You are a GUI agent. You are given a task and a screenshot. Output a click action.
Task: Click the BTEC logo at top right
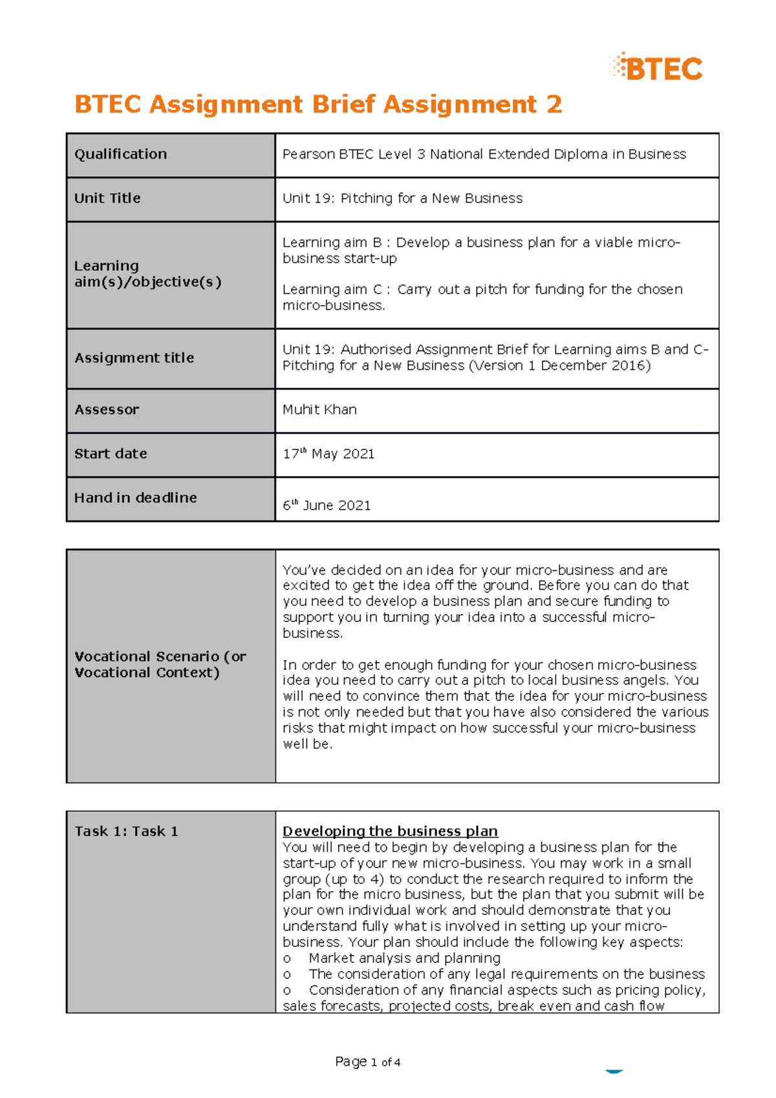[656, 68]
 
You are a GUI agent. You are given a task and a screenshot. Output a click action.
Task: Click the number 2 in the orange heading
[554, 104]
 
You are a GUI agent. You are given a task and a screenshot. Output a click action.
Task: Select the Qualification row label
[120, 155]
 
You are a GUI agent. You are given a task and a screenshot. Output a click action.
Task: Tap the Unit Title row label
[107, 199]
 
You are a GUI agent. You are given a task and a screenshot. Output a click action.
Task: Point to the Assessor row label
[107, 410]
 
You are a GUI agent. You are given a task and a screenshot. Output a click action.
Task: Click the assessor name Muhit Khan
[319, 410]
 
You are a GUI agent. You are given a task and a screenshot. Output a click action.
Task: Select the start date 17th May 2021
[329, 454]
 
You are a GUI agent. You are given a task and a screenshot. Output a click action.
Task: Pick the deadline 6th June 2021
[327, 505]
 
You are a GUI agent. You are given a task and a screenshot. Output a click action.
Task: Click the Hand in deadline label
[135, 498]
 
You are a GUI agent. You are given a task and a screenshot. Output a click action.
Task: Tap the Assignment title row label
[134, 358]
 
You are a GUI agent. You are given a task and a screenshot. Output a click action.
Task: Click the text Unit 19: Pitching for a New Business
[402, 199]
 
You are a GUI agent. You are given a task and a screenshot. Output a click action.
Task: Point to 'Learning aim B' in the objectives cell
[332, 243]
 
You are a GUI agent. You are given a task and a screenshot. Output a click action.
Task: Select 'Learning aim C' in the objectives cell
[332, 290]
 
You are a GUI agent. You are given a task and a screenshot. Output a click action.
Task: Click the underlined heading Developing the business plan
[390, 832]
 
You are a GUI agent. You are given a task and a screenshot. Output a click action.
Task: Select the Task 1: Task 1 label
[126, 832]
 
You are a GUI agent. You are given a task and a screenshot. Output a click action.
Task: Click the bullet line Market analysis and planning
[404, 958]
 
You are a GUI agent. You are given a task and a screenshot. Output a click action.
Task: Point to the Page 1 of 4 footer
[367, 1062]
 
